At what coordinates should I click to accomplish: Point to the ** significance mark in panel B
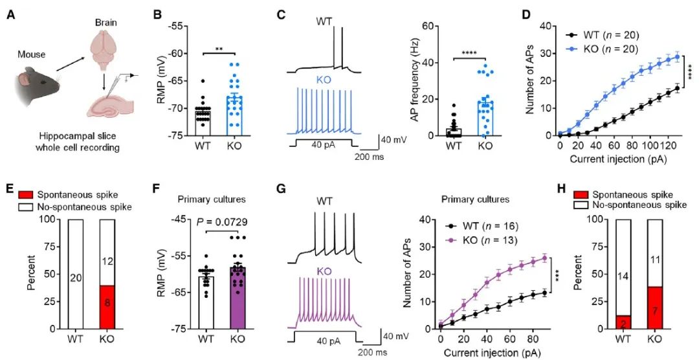[x=219, y=48]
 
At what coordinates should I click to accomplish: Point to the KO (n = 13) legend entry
[x=488, y=242]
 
